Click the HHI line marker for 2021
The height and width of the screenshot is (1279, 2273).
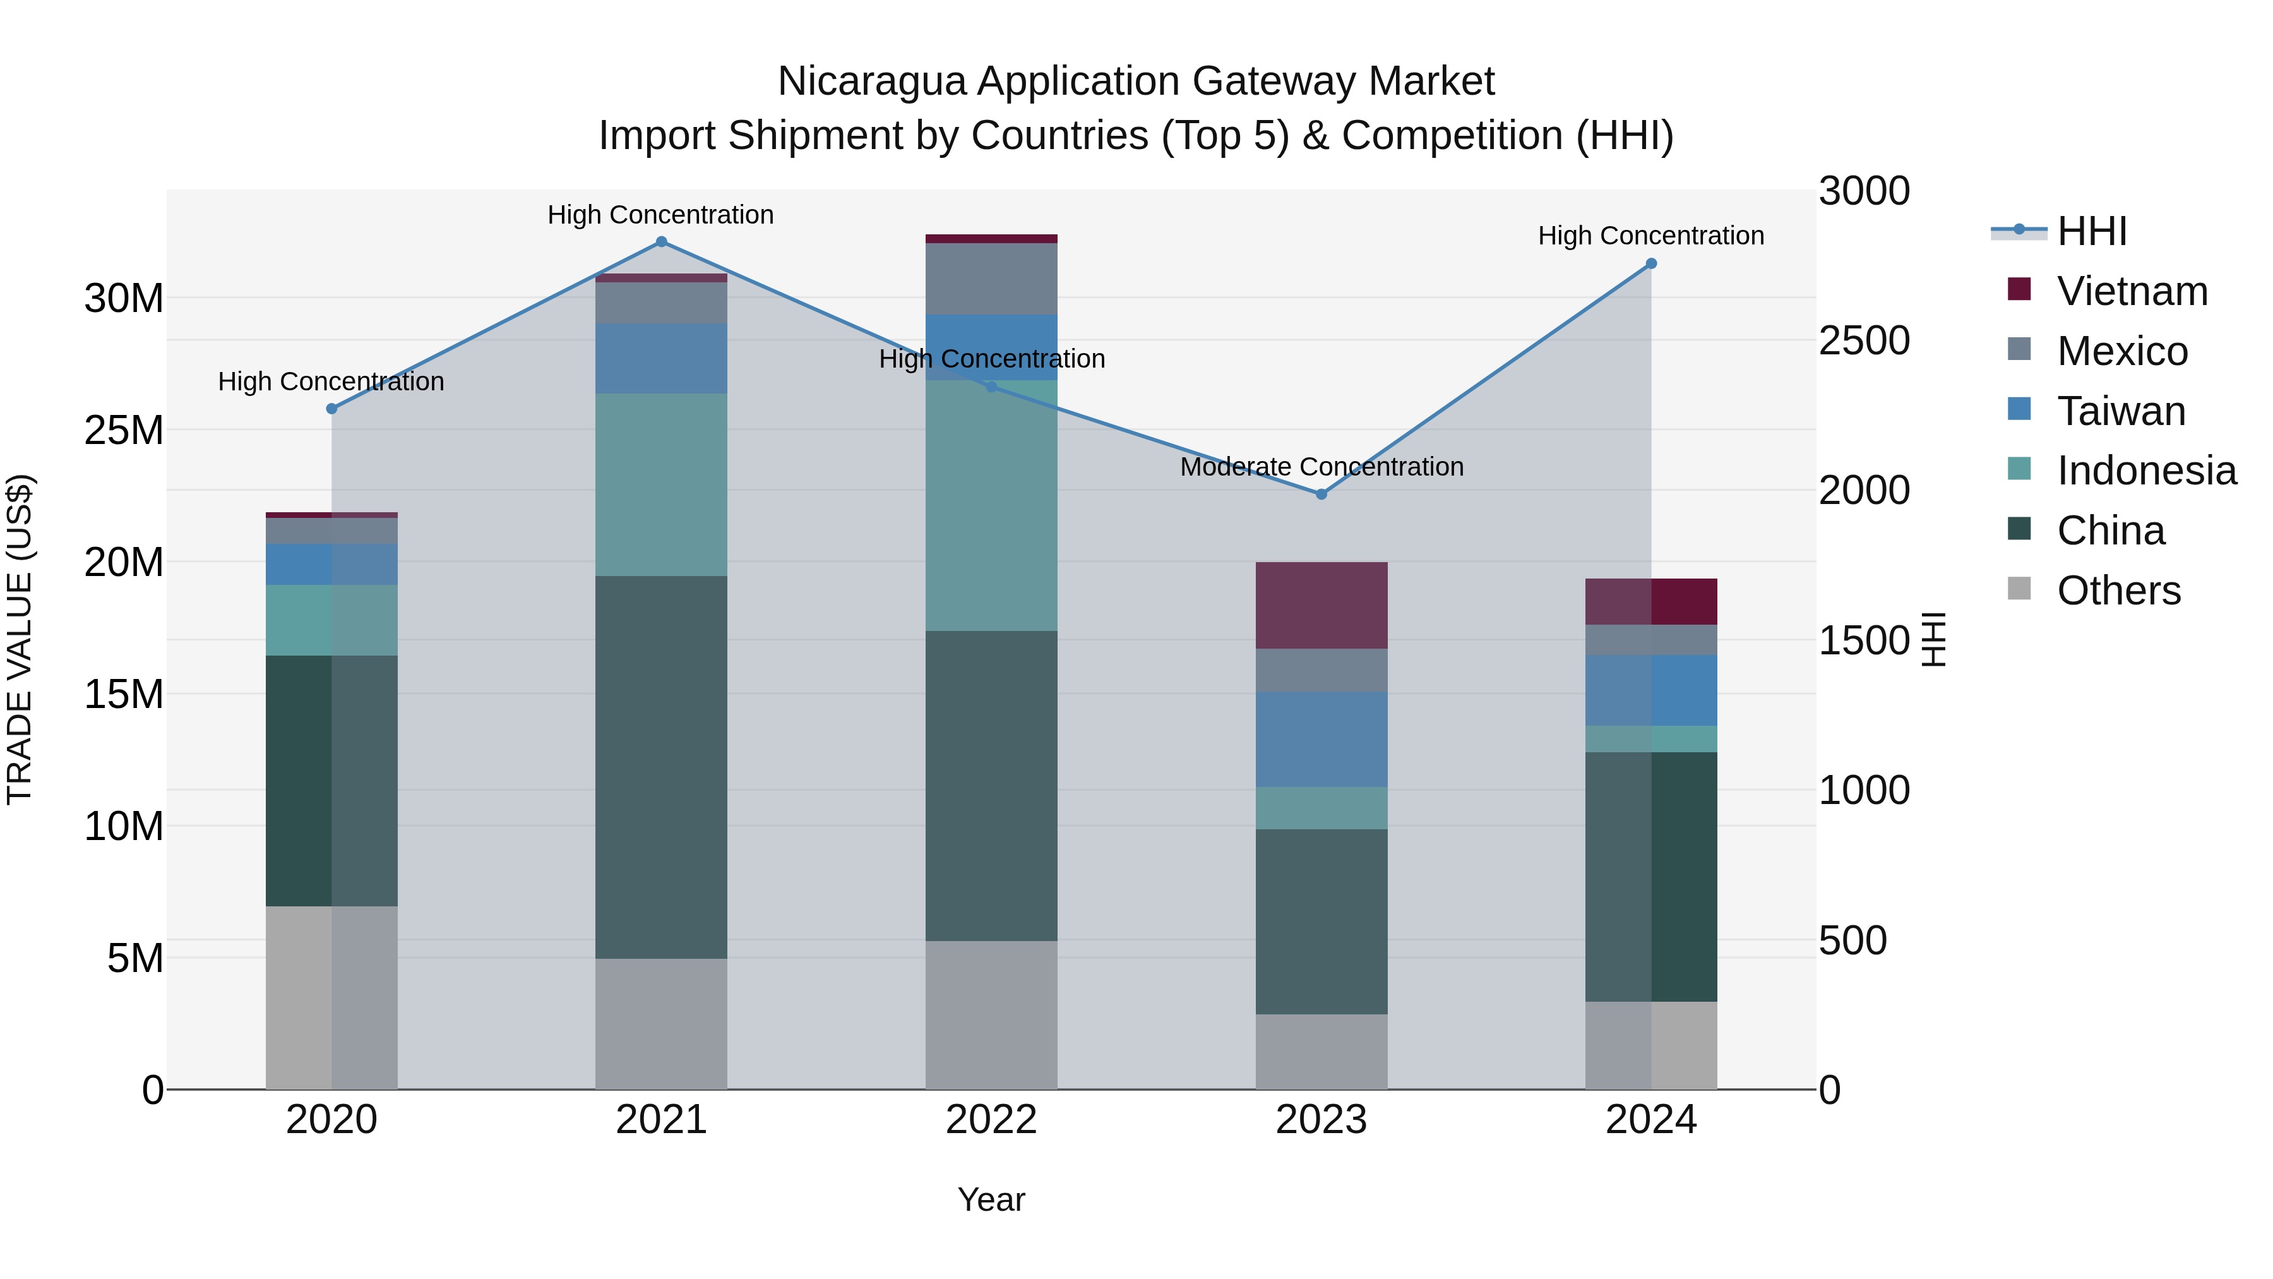pyautogui.click(x=661, y=242)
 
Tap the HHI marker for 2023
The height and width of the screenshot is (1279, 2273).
pyautogui.click(x=1321, y=495)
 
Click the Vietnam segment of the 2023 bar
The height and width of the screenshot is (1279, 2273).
pyautogui.click(x=1321, y=606)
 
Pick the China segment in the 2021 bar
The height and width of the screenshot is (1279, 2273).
pyautogui.click(x=661, y=767)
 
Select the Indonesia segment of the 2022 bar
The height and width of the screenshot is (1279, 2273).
pyautogui.click(x=991, y=506)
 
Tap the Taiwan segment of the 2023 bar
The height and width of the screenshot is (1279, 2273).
pyautogui.click(x=1321, y=740)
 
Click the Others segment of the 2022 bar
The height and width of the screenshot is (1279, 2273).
pyautogui.click(x=991, y=1015)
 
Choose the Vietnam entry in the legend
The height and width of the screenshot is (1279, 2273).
pyautogui.click(x=2132, y=291)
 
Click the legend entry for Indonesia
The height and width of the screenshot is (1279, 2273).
pyautogui.click(x=2146, y=471)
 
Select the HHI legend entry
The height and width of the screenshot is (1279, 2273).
pyautogui.click(x=2091, y=231)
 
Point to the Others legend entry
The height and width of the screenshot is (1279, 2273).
pyautogui.click(x=2118, y=591)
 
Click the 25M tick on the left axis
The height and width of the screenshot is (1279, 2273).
pyautogui.click(x=124, y=431)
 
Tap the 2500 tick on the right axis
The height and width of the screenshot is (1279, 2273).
pyautogui.click(x=1864, y=340)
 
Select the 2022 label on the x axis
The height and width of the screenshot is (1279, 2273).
pyautogui.click(x=991, y=1120)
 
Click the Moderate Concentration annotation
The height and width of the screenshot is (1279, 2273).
pyautogui.click(x=1321, y=467)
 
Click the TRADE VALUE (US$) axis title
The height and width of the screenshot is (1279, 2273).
pyautogui.click(x=20, y=639)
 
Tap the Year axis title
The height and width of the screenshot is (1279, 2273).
pyautogui.click(x=991, y=1199)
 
